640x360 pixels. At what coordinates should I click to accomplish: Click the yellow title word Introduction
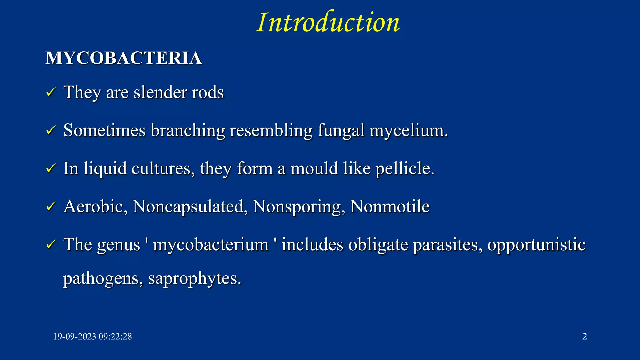(x=328, y=22)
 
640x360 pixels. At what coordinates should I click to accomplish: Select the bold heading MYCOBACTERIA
(x=124, y=58)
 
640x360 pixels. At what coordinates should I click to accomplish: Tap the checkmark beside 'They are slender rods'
(x=51, y=92)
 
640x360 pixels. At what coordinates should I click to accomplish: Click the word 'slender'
(x=160, y=92)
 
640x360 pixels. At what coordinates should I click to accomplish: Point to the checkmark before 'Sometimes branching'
(x=51, y=130)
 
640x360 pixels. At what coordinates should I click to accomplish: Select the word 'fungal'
(x=341, y=130)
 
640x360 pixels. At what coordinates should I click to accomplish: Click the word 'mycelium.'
(x=409, y=130)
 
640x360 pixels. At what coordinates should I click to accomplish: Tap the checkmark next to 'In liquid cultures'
(x=51, y=169)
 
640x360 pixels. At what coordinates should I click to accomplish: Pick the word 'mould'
(x=314, y=169)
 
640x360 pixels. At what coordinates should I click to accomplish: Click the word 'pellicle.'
(x=405, y=169)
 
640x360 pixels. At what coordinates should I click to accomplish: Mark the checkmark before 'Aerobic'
(x=51, y=207)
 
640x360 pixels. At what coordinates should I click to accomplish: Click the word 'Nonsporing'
(x=299, y=207)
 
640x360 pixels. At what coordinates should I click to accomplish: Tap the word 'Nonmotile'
(x=390, y=207)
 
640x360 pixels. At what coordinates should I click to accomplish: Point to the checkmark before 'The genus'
(x=51, y=245)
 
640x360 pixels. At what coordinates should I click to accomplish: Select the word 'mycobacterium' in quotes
(x=211, y=245)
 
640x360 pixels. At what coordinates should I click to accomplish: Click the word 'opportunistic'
(x=536, y=245)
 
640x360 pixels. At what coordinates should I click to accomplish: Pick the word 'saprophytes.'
(x=195, y=278)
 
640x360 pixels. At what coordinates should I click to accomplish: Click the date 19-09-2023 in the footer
(x=75, y=337)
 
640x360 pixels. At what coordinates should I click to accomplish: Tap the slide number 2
(x=585, y=337)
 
